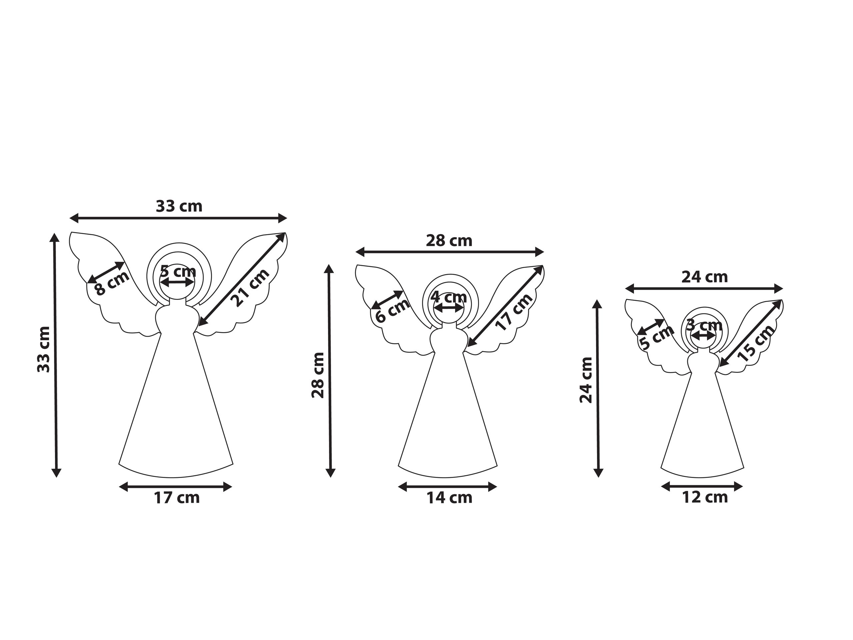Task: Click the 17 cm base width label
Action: [x=177, y=498]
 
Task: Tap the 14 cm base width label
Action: [x=449, y=498]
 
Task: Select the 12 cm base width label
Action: [x=705, y=497]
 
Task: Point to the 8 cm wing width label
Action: [x=111, y=283]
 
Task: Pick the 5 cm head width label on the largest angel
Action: [x=178, y=271]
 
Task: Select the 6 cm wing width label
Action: [x=392, y=310]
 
